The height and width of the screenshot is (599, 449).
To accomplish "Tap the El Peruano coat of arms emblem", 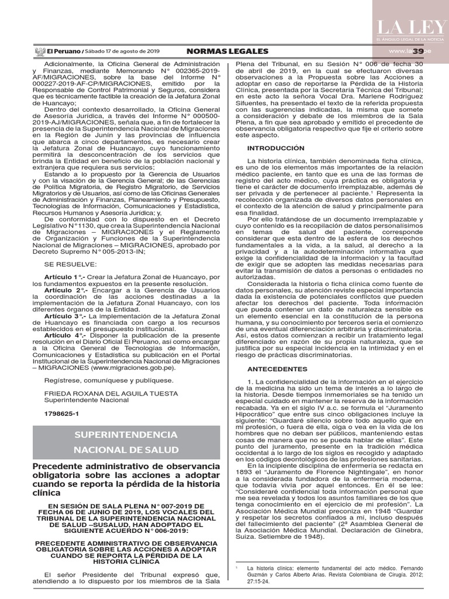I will click(x=40, y=51).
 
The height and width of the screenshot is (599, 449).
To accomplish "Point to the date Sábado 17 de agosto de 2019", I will click(x=123, y=51).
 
